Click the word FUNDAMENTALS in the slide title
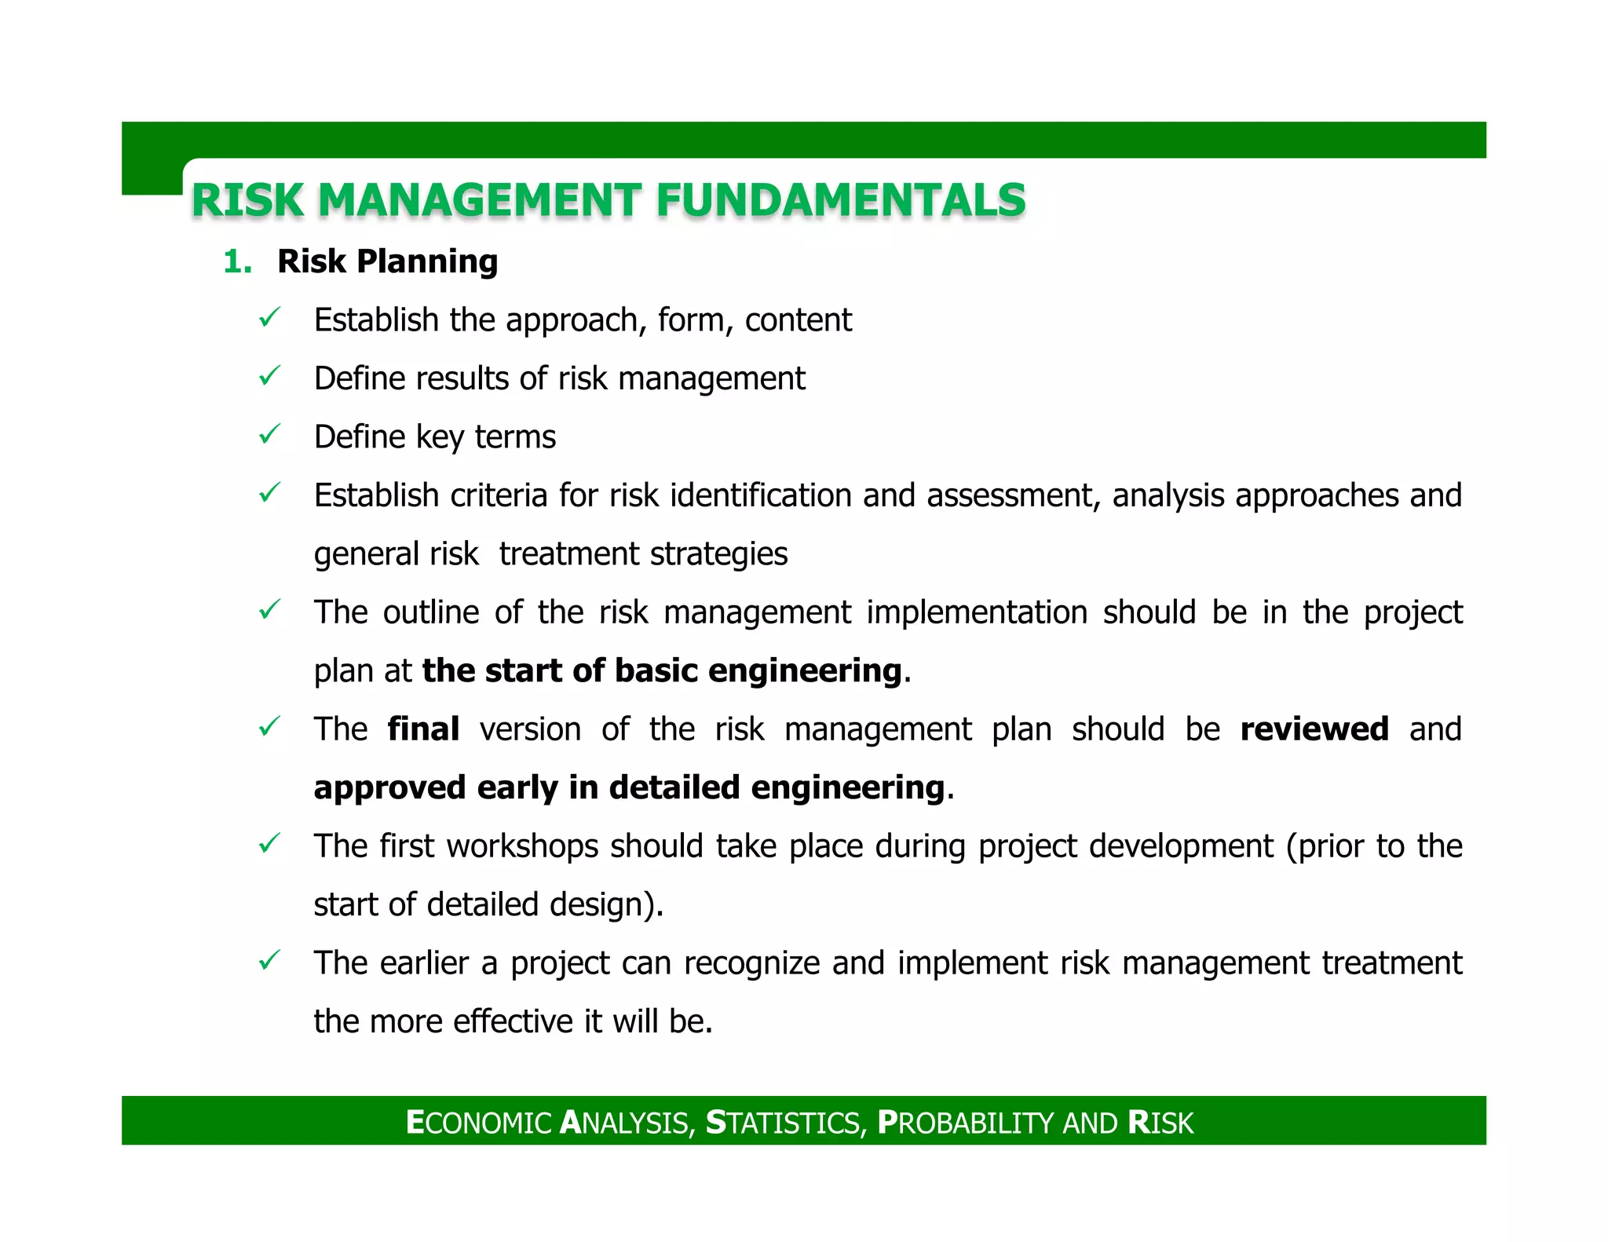840,199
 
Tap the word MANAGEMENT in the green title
480,199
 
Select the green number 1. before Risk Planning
237,261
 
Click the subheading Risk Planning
387,261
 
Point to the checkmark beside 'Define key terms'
269,435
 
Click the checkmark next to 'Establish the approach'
269,318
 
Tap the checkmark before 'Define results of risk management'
269,377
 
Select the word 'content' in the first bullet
798,320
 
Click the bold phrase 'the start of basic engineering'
662,671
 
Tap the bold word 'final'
423,729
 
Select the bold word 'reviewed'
1314,729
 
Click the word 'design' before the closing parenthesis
596,905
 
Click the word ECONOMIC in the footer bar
479,1123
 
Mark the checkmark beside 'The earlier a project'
269,960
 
